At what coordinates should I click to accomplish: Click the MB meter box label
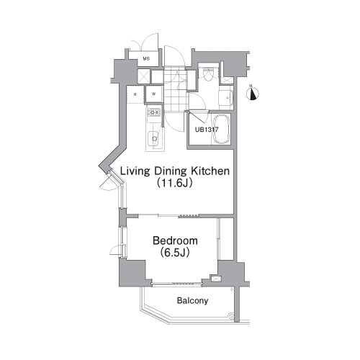tap(146, 58)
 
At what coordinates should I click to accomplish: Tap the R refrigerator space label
tap(135, 94)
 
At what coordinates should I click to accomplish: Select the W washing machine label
tap(153, 94)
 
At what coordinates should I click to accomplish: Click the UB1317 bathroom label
tap(207, 130)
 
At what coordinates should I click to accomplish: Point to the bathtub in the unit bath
tap(222, 130)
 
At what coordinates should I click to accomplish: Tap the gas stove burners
tap(153, 112)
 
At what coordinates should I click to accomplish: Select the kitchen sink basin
tap(153, 139)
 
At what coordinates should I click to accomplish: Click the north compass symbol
tap(253, 94)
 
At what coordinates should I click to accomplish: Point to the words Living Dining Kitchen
tap(175, 171)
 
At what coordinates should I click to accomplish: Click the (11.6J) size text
tap(175, 183)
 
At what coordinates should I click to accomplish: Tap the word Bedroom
tap(175, 240)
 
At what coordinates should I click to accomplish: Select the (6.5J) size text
tap(175, 252)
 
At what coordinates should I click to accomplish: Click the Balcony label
tap(192, 300)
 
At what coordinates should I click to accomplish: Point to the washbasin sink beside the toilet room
tap(225, 98)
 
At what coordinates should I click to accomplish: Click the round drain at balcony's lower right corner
tap(232, 317)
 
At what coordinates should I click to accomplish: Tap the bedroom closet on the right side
tap(225, 238)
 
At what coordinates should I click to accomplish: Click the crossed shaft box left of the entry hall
tap(144, 76)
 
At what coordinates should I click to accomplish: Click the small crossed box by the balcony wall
tap(216, 279)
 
